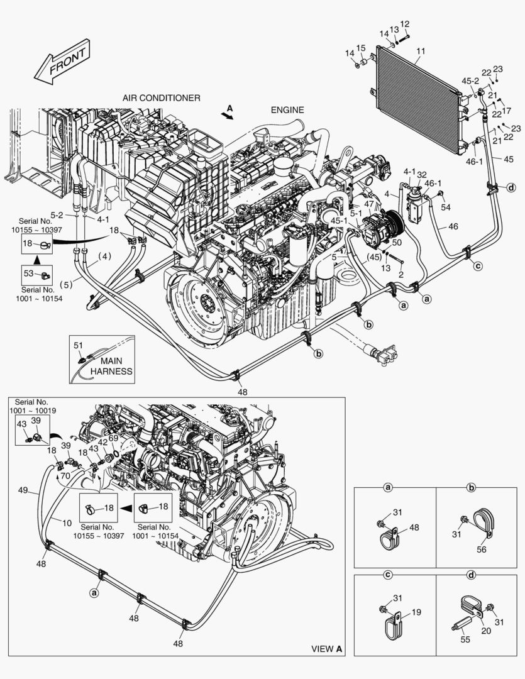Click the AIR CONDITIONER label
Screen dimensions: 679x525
coord(162,98)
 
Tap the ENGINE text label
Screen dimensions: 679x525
coord(287,110)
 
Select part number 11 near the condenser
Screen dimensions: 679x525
coord(421,50)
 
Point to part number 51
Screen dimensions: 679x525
coord(78,345)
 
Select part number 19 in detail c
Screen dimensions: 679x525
coord(416,611)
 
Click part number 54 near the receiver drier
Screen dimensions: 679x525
coord(445,207)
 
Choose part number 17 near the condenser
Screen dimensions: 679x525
coord(506,111)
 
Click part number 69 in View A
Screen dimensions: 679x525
coord(113,438)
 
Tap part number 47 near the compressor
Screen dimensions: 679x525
coord(368,204)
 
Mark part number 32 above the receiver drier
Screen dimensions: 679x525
coord(422,174)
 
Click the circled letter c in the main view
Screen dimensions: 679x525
coord(477,266)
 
